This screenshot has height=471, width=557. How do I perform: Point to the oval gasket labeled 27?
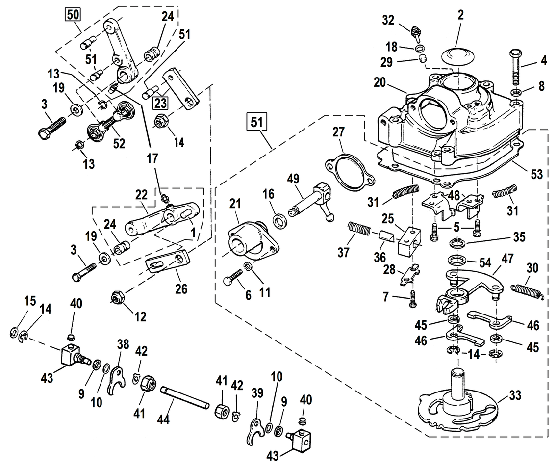[x=350, y=171]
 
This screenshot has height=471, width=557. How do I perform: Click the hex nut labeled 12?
[x=117, y=297]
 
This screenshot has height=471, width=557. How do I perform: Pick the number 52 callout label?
[x=119, y=143]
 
